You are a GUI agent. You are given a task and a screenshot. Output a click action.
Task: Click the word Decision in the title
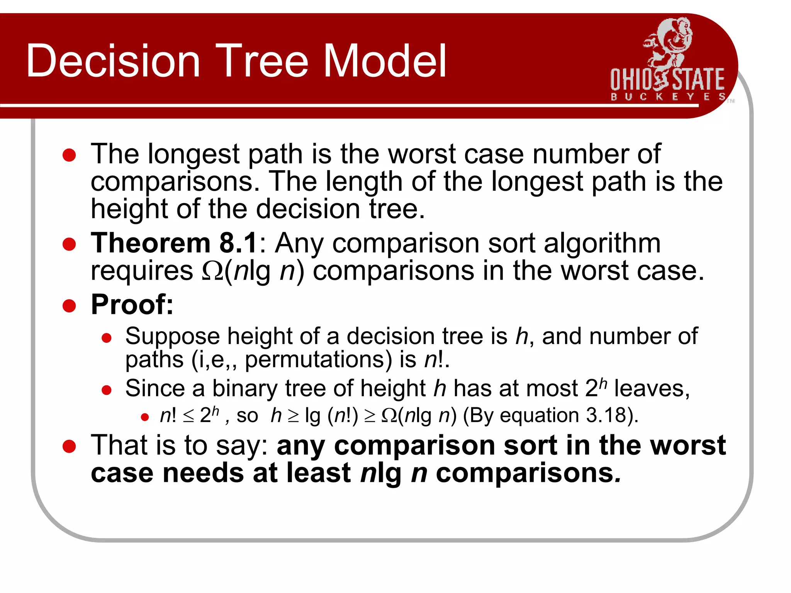(x=113, y=61)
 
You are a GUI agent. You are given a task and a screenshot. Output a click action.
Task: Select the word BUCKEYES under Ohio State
(x=667, y=97)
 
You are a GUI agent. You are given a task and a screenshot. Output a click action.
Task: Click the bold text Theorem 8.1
(x=174, y=243)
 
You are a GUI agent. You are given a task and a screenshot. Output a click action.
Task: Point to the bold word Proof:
(x=132, y=305)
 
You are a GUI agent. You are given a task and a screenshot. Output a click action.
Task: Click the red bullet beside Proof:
(x=69, y=306)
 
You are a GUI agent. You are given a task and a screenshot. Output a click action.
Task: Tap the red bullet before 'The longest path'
(x=69, y=155)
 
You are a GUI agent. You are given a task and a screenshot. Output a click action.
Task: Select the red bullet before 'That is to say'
(x=69, y=446)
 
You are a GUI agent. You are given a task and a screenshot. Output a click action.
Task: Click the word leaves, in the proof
(x=652, y=388)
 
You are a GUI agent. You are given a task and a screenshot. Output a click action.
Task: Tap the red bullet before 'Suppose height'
(x=107, y=338)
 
